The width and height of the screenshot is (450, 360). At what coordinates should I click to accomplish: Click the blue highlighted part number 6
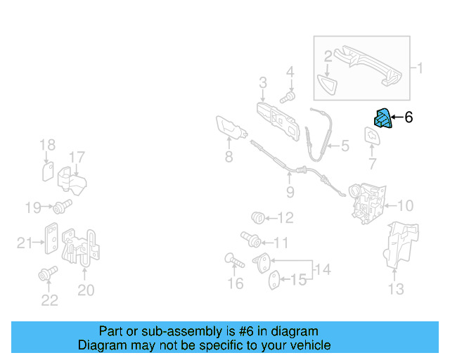coord(382,118)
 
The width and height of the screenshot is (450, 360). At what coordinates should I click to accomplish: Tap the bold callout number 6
coord(409,117)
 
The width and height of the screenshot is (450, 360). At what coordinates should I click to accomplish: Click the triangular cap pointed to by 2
coord(327,84)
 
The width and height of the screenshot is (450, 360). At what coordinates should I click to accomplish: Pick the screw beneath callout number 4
coord(288,97)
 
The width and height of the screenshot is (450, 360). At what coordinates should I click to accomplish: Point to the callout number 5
coord(345,146)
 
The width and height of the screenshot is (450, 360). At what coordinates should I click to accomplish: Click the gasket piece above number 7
coord(373,136)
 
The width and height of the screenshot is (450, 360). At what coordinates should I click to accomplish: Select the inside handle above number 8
coord(231,129)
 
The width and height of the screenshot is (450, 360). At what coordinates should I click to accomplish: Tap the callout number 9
coord(290,192)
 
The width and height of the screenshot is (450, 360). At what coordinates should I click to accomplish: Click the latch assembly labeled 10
coord(367,203)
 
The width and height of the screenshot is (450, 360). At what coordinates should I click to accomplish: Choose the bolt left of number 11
coord(251,239)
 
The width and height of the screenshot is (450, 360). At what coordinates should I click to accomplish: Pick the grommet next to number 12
coord(258,217)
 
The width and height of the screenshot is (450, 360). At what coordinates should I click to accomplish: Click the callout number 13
coord(396,289)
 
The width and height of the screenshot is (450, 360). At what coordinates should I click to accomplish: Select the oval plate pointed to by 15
coord(274,280)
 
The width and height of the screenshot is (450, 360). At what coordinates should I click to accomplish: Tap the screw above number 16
coord(234,260)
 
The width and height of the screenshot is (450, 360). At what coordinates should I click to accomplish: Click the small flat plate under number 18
coord(48,172)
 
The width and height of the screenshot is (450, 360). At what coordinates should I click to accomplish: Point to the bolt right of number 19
coord(63,207)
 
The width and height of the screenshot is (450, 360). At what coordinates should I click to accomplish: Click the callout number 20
coord(86,290)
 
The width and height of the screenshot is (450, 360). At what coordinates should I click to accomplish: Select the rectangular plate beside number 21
coord(51,238)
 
